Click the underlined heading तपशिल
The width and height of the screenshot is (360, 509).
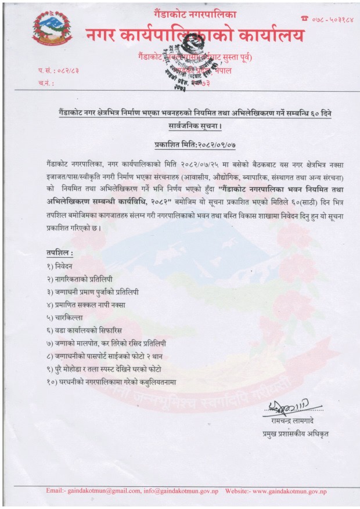[59, 254]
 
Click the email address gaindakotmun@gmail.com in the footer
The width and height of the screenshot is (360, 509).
[99, 492]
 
